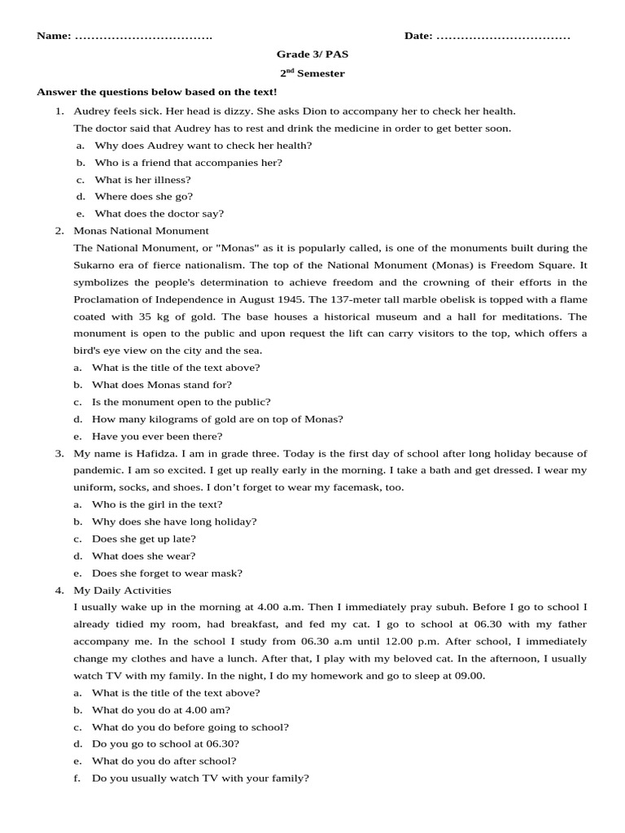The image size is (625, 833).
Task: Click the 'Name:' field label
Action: (54, 37)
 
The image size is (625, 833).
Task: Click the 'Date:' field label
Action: (419, 37)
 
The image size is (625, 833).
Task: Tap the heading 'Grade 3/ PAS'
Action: (312, 55)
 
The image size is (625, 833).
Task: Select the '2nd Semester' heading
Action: (312, 73)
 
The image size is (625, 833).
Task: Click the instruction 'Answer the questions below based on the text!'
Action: (157, 93)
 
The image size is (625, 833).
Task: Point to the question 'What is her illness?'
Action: (142, 179)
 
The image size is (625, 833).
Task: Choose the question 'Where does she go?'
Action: (143, 196)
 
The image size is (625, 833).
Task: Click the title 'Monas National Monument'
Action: (141, 231)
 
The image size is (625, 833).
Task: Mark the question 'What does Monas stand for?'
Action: (161, 385)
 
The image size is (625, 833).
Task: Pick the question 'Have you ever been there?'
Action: (156, 436)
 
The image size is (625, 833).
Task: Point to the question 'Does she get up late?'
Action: (143, 539)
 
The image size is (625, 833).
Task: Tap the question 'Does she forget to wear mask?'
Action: (167, 573)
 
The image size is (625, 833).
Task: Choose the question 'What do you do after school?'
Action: (164, 761)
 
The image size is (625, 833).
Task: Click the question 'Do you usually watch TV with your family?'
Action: (200, 778)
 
